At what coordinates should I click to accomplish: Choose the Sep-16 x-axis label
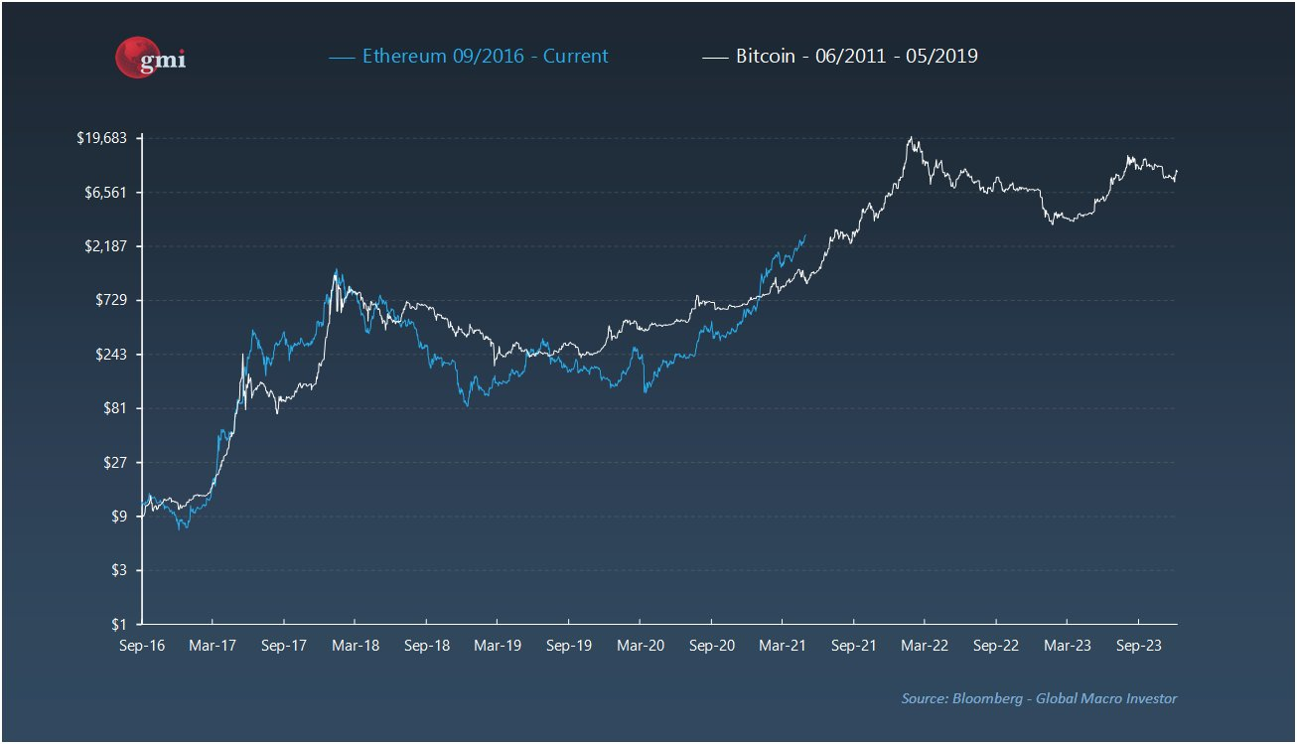coord(142,645)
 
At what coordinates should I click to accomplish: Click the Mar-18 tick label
coord(356,645)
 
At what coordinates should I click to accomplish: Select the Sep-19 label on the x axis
coord(569,645)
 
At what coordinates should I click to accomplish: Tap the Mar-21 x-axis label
coord(783,645)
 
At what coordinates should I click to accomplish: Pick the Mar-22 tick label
coord(925,645)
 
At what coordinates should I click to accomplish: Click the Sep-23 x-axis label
coord(1138,645)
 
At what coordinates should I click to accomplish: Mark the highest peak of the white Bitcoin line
coord(910,137)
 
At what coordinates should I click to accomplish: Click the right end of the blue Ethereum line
coord(805,235)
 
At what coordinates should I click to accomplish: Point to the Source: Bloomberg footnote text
coord(1039,698)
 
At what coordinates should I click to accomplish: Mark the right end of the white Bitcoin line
coord(1177,171)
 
